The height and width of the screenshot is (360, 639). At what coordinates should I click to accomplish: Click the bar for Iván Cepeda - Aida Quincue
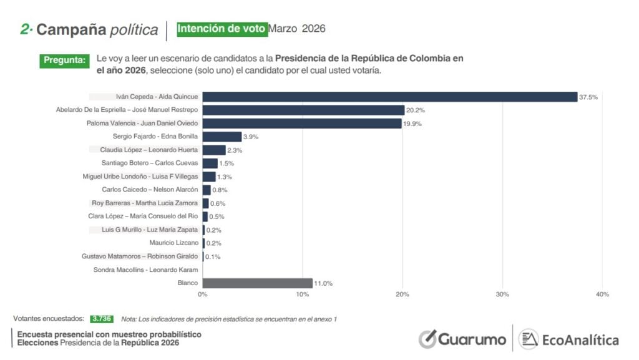click(x=389, y=97)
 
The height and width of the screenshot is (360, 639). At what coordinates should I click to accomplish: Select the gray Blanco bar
click(x=257, y=283)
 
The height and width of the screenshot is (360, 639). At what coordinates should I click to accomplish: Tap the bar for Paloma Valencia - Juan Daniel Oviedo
click(x=301, y=124)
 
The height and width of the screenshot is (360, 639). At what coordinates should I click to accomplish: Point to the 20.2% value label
click(x=416, y=110)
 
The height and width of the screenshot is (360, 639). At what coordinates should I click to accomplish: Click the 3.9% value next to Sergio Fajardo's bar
click(x=251, y=137)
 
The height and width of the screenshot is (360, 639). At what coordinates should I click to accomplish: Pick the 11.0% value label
click(x=323, y=283)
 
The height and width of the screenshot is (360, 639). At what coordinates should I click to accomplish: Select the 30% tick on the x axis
click(x=502, y=294)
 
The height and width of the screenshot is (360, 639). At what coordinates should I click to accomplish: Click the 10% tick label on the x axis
click(x=303, y=294)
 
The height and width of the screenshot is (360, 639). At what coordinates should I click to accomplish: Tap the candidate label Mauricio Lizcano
click(x=173, y=243)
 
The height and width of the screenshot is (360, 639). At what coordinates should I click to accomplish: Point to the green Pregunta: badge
click(x=64, y=61)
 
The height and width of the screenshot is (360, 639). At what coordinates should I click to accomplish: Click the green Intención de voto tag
click(x=222, y=29)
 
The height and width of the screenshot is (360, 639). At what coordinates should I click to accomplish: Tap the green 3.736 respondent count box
click(x=102, y=318)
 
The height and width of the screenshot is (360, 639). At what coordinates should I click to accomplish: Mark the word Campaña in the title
click(x=71, y=29)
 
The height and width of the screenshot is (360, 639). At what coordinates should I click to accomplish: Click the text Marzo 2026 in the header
click(x=298, y=29)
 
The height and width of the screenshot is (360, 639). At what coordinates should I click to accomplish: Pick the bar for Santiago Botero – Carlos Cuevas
click(x=210, y=163)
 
